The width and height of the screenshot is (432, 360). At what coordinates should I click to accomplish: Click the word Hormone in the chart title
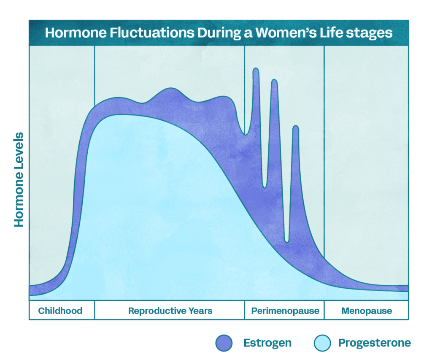[76, 32]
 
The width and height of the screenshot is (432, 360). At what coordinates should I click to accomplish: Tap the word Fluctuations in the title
[152, 32]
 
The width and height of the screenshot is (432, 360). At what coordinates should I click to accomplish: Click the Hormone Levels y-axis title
[19, 180]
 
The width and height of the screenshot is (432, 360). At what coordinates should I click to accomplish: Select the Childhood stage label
[60, 311]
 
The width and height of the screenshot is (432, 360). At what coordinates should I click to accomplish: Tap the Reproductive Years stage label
[170, 311]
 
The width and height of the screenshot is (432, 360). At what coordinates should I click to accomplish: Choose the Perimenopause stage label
[285, 311]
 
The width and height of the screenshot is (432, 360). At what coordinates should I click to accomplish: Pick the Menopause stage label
[367, 311]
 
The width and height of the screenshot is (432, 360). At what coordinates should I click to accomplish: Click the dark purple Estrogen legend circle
[224, 343]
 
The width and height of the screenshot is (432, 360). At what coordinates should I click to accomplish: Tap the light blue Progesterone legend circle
[322, 343]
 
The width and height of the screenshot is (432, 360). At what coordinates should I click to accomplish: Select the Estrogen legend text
[267, 343]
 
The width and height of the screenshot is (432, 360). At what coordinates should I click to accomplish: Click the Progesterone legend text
[375, 343]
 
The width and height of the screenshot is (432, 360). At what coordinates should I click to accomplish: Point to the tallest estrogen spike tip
[256, 68]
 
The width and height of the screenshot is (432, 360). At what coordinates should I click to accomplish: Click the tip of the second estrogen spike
[274, 80]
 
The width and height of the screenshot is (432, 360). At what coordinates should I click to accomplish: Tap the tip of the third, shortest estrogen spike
[296, 126]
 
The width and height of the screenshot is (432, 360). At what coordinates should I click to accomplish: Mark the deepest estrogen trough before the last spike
[286, 242]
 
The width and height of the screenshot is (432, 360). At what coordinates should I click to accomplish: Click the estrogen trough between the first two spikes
[265, 187]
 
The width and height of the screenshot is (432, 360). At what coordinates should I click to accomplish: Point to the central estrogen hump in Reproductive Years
[171, 89]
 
